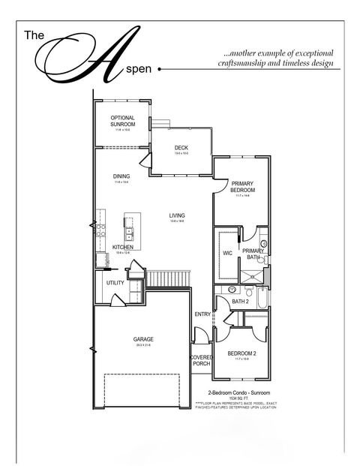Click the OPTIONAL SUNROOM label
click(122, 121)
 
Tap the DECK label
click(181, 148)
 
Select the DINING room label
click(121, 176)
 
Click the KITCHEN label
click(123, 247)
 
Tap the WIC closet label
click(227, 253)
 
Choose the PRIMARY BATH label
click(253, 254)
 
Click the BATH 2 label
click(240, 301)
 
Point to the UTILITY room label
click(115, 283)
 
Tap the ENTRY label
click(202, 314)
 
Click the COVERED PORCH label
click(201, 361)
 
